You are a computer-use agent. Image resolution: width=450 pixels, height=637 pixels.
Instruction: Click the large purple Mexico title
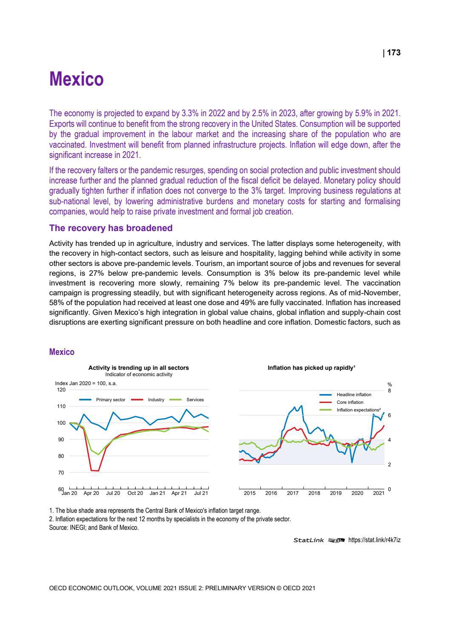tap(76, 79)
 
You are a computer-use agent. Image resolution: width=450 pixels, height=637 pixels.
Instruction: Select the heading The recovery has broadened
tap(111, 228)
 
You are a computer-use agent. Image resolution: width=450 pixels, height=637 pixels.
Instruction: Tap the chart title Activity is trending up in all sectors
tap(139, 368)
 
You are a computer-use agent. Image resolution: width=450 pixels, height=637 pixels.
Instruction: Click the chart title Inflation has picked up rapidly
tap(311, 368)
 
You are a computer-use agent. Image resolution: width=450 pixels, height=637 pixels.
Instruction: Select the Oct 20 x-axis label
tap(135, 493)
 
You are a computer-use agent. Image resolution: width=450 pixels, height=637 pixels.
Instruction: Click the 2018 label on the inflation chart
tap(314, 493)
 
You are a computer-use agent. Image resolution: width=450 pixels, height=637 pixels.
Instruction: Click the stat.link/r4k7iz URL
tap(374, 540)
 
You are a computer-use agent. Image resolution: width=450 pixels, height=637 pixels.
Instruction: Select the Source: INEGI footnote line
tap(94, 528)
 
